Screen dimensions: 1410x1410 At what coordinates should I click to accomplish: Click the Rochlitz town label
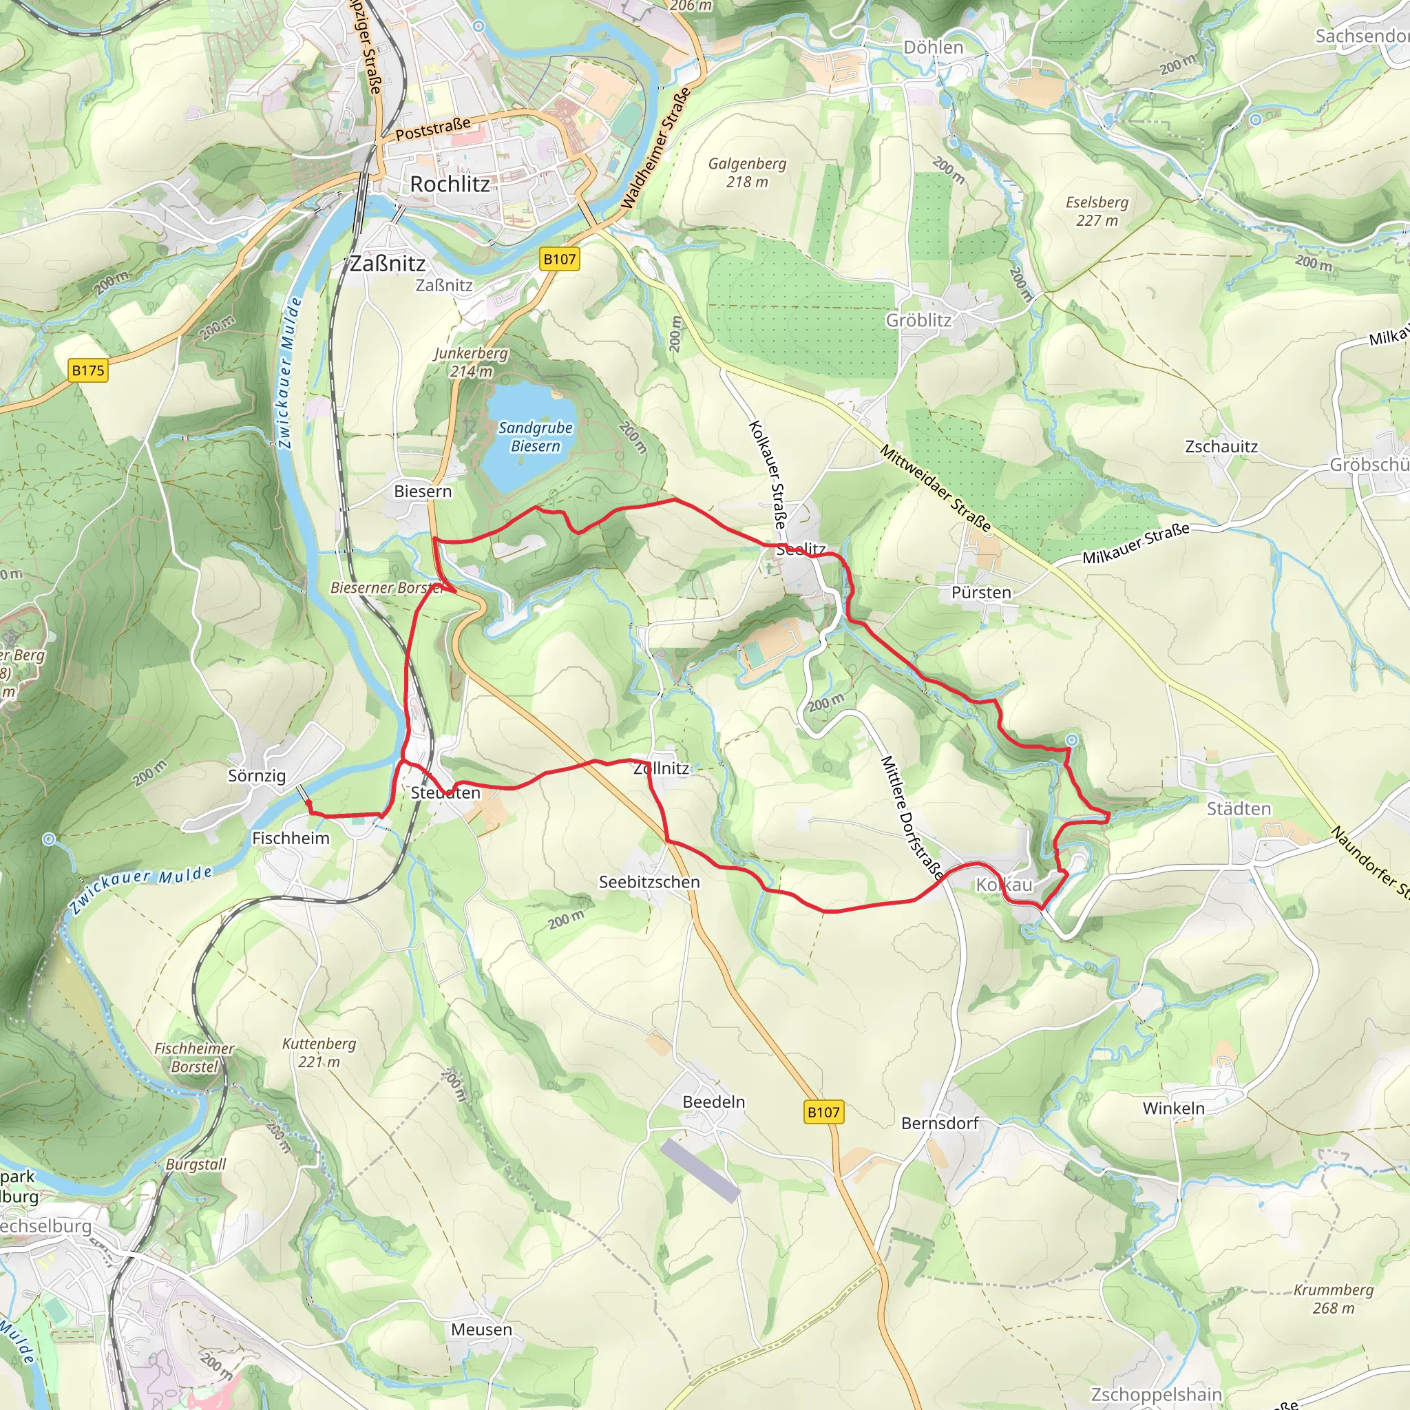click(450, 184)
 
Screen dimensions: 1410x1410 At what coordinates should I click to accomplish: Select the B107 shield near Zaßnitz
click(560, 259)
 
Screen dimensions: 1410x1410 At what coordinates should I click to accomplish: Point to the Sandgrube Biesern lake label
click(535, 436)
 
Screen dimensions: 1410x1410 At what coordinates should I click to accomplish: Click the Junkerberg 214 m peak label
click(471, 362)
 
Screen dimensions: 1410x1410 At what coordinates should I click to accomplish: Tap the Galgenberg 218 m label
click(746, 172)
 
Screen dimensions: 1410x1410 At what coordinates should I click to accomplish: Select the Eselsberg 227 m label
click(1096, 211)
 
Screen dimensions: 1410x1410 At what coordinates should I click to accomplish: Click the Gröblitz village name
click(918, 320)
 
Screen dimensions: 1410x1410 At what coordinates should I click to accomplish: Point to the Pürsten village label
click(981, 593)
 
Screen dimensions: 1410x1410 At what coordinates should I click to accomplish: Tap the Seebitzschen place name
click(649, 882)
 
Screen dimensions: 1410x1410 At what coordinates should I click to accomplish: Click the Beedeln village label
click(713, 1102)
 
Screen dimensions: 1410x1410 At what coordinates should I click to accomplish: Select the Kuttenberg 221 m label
click(319, 1053)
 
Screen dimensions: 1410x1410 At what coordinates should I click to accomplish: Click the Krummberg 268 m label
click(1334, 1299)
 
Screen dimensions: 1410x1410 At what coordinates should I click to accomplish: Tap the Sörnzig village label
click(256, 776)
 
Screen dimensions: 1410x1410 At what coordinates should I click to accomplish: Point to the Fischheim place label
click(291, 838)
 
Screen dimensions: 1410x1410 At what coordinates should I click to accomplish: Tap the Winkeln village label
click(1174, 1108)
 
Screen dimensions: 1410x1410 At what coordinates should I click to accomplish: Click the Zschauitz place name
click(1221, 446)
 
